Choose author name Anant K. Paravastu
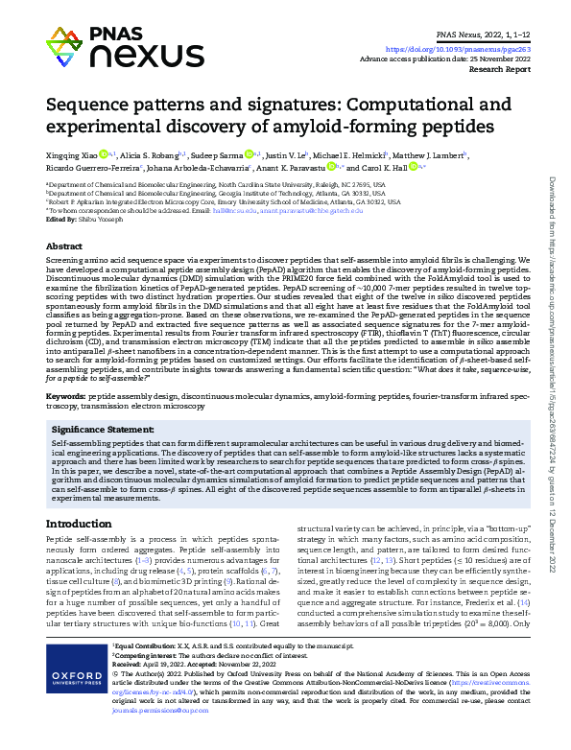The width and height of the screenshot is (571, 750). [x=312, y=167]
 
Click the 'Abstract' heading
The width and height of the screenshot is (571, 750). [x=63, y=246]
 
